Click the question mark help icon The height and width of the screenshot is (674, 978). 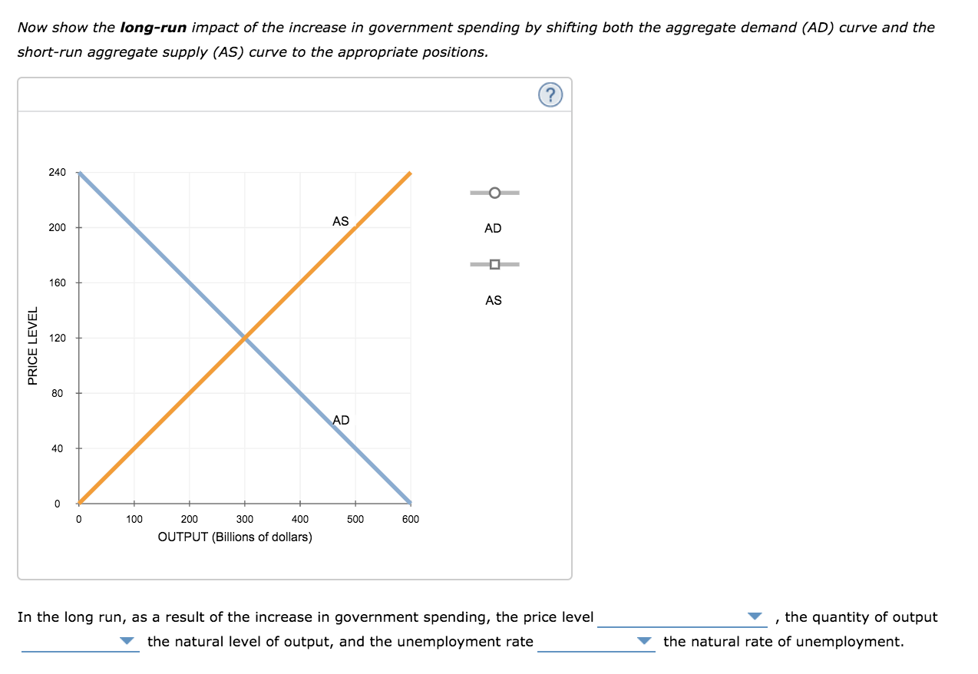click(x=550, y=95)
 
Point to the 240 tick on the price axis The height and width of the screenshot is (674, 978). click(x=58, y=172)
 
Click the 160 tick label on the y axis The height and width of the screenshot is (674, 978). click(x=58, y=282)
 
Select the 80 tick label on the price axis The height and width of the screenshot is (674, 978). click(x=58, y=393)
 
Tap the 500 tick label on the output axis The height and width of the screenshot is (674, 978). click(x=355, y=519)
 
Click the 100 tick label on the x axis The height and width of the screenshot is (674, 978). click(x=134, y=519)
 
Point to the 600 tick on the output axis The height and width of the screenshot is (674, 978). click(x=411, y=519)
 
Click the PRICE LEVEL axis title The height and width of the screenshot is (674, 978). click(x=32, y=345)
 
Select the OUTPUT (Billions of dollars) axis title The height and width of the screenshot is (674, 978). click(x=235, y=537)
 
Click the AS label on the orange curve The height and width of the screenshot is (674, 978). click(x=340, y=221)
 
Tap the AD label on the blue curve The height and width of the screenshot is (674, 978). click(x=341, y=420)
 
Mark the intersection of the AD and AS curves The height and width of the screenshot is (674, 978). click(x=245, y=338)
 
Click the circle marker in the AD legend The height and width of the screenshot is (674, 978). click(x=494, y=192)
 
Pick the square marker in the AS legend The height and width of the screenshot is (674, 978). click(x=494, y=265)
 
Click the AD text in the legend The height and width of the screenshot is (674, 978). click(x=493, y=228)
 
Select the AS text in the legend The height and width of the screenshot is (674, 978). click(x=493, y=300)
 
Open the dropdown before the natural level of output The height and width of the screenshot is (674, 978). click(x=81, y=642)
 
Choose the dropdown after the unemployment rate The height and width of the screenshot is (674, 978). click(x=596, y=642)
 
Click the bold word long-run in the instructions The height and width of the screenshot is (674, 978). click(x=154, y=28)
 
